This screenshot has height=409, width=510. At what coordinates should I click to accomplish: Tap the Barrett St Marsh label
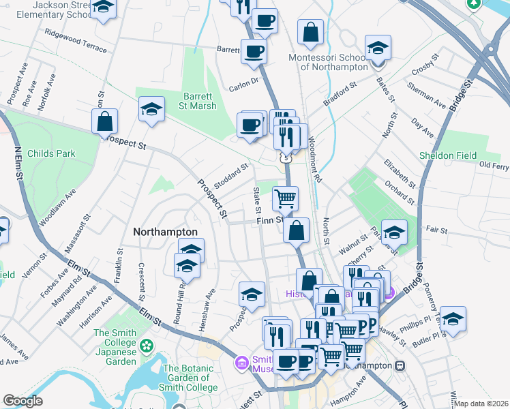click(x=199, y=101)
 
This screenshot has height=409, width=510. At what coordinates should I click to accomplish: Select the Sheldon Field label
click(x=448, y=155)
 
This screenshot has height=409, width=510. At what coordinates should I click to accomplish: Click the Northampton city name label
click(x=165, y=232)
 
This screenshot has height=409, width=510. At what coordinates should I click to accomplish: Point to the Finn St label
click(x=269, y=220)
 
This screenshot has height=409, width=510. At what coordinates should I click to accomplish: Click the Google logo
click(x=23, y=400)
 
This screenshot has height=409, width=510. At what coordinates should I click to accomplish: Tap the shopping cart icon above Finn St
click(x=285, y=198)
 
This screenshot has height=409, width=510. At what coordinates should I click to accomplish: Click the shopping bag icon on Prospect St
click(x=105, y=121)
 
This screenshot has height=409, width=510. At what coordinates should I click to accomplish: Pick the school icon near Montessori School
click(x=377, y=48)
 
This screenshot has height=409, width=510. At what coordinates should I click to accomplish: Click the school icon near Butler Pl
click(x=453, y=318)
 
